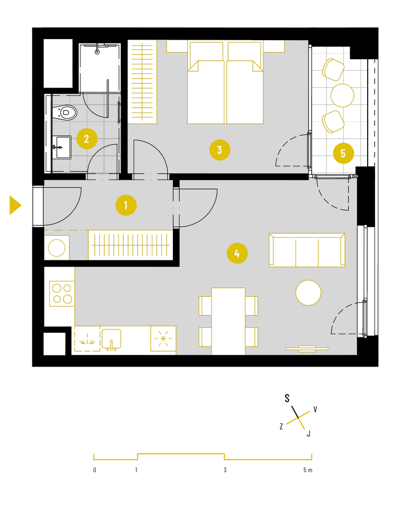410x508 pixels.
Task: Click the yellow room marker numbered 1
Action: [126, 205]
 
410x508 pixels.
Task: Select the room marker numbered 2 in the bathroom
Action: [87, 139]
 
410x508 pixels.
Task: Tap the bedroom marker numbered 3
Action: [220, 150]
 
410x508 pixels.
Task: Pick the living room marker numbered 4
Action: [237, 253]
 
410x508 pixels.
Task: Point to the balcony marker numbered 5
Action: [343, 153]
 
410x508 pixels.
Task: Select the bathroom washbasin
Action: [62, 147]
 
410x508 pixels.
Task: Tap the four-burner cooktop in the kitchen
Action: [62, 294]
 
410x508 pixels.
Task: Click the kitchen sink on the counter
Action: [111, 339]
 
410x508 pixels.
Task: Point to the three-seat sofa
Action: [307, 250]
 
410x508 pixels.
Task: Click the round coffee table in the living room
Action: [308, 293]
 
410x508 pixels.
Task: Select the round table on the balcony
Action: [342, 95]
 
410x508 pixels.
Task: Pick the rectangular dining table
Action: [228, 321]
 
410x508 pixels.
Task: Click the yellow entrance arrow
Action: [15, 205]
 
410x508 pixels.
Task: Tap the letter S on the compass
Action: [287, 398]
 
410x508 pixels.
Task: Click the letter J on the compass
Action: [309, 434]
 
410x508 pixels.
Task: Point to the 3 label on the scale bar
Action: [225, 470]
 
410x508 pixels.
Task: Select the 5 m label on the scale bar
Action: [308, 470]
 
